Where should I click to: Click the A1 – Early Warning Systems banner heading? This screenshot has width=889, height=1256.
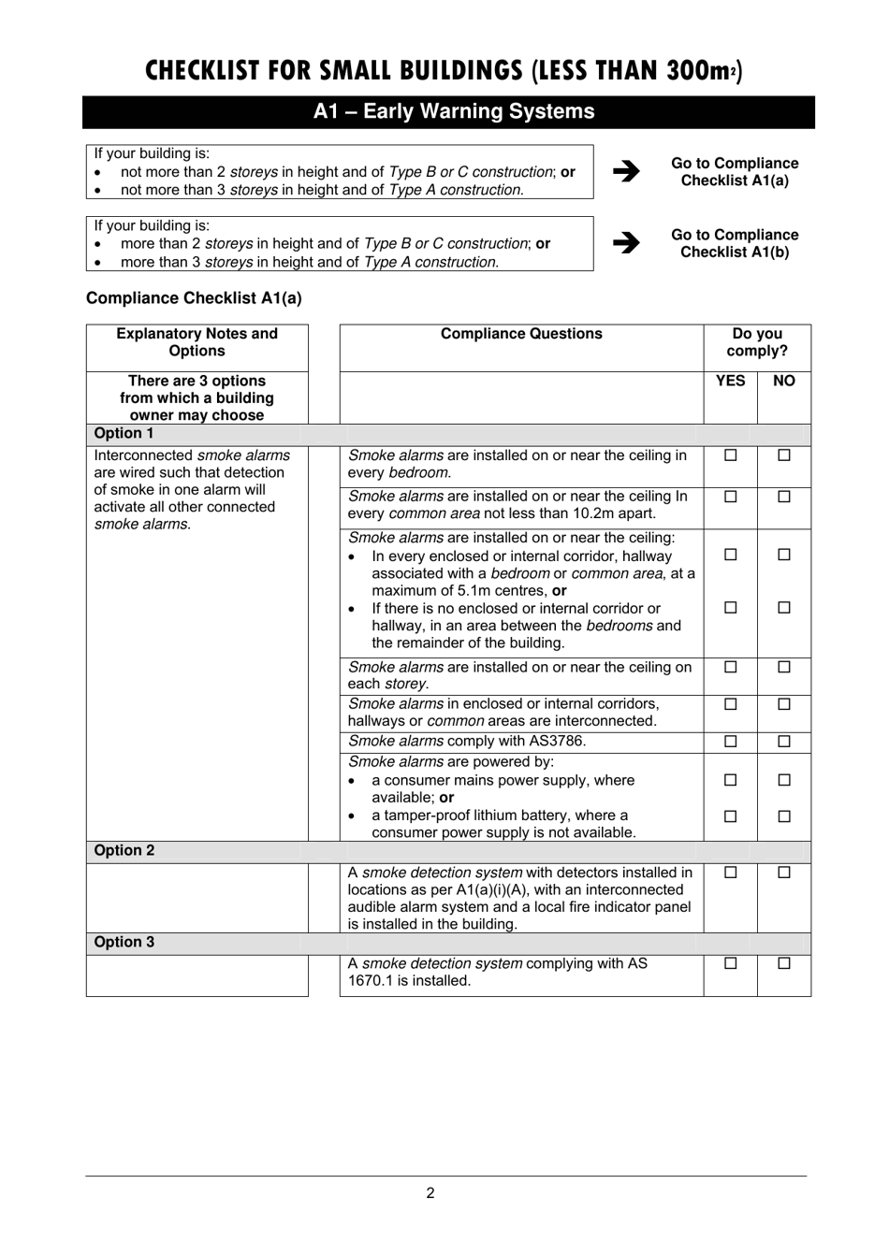pos(454,111)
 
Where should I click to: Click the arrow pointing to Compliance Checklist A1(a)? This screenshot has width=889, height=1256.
pos(626,171)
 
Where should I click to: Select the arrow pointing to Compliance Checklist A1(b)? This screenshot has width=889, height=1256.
pos(626,243)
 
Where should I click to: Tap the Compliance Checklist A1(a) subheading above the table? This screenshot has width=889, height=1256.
pos(194,298)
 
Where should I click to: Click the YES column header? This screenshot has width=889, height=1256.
pos(730,381)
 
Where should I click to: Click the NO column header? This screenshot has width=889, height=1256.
pos(784,381)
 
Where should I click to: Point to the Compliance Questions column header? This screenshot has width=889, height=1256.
pos(521,334)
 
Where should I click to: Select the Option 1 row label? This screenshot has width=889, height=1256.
pos(124,434)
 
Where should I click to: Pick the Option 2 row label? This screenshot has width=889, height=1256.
pos(124,851)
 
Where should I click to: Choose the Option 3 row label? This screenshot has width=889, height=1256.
pos(124,943)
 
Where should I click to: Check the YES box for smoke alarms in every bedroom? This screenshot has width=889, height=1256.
pos(731,455)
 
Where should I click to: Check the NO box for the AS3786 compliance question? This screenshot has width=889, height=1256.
pos(784,742)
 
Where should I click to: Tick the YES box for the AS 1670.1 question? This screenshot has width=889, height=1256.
pos(731,963)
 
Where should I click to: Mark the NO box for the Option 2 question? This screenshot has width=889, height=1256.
pos(784,873)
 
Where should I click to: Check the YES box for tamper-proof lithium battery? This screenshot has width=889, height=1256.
pos(731,816)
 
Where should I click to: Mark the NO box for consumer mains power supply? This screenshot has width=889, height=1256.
pos(784,780)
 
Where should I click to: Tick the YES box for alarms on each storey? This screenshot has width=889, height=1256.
pos(731,667)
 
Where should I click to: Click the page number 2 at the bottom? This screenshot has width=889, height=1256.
pos(430,1192)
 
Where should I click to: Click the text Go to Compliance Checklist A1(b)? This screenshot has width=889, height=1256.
pos(735,244)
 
